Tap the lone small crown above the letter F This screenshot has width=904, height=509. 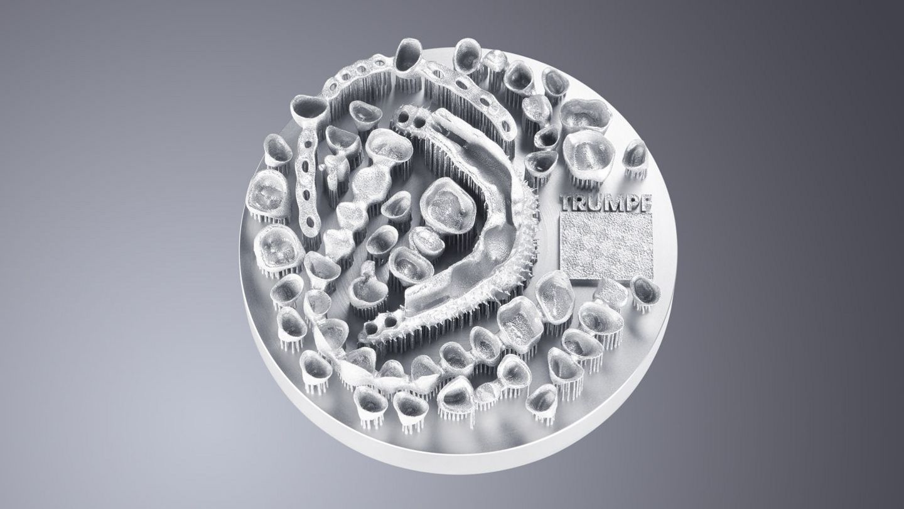[635, 156]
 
